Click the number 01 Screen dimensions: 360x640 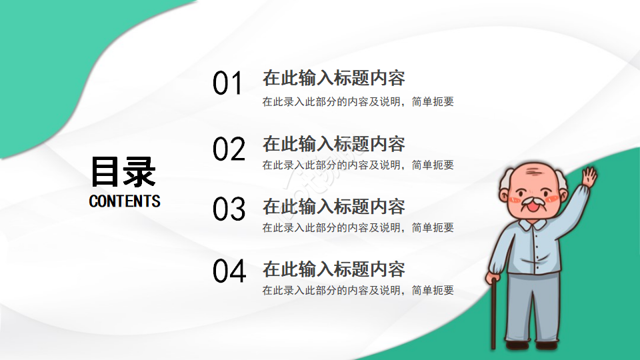228,85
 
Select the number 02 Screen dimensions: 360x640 229,149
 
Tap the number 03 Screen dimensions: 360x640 229,209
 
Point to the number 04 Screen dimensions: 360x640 229,271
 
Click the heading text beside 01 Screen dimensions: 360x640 333,78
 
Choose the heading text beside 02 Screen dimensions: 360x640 333,143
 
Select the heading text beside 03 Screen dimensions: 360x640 333,206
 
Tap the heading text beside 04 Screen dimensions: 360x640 333,269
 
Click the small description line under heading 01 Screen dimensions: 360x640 358,102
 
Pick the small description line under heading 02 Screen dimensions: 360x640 358,165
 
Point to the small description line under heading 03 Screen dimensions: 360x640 358,227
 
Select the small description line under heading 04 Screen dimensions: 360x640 358,291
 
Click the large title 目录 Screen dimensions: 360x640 123,171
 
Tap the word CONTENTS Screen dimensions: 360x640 125,201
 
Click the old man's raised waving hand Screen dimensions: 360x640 589,177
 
